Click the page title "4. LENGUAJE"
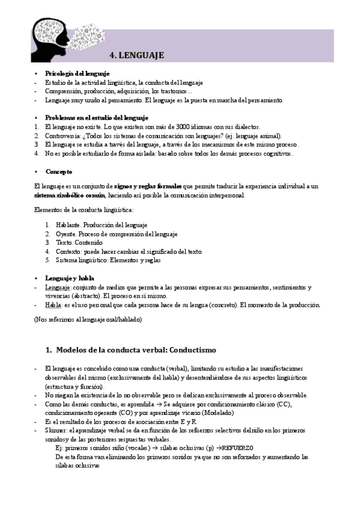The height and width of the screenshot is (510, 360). pyautogui.click(x=137, y=55)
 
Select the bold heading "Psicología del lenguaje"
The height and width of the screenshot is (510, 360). pyautogui.click(x=76, y=73)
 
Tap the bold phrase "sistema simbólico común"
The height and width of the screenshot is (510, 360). pyautogui.click(x=70, y=195)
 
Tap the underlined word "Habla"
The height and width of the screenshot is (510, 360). pyautogui.click(x=53, y=305)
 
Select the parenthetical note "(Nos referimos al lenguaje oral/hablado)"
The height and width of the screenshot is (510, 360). pyautogui.click(x=88, y=320)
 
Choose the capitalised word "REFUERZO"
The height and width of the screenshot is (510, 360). pyautogui.click(x=239, y=448)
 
